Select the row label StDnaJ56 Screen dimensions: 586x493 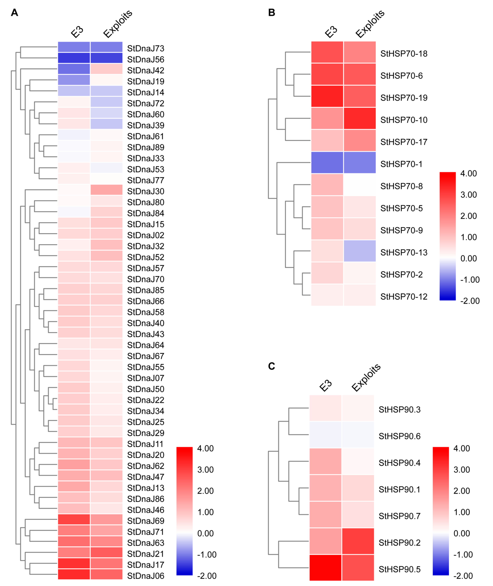tap(146, 59)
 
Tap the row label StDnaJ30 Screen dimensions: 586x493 tap(146, 191)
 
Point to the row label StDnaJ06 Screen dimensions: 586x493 tap(146, 576)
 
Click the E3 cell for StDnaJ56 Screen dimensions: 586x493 tap(74, 58)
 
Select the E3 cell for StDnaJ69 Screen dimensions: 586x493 tap(74, 520)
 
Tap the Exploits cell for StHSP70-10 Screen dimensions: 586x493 tap(360, 118)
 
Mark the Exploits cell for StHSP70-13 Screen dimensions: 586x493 tap(360, 251)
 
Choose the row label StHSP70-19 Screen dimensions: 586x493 tap(404, 98)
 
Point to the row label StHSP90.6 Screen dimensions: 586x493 tap(399, 436)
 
